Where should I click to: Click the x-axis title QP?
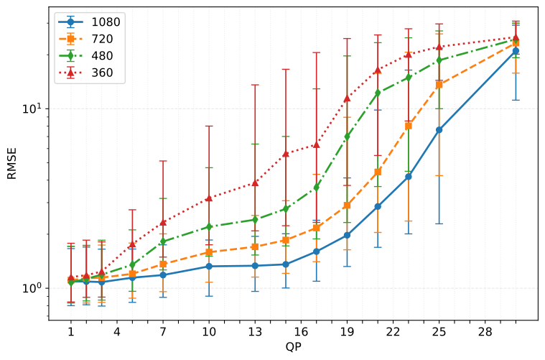pos(293,348)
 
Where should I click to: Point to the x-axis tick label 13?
pos(255,333)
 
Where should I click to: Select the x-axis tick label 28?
pos(485,333)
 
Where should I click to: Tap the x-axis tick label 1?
pos(71,333)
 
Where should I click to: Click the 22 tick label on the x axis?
pos(393,333)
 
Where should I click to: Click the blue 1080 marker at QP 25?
pos(439,130)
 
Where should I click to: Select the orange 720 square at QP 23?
pos(409,126)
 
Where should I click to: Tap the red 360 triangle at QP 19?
pos(347,98)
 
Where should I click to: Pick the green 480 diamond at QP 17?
pos(317,188)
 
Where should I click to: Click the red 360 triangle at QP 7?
pos(163,222)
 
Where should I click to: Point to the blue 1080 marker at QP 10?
pos(209,266)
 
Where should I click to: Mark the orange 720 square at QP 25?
pos(439,85)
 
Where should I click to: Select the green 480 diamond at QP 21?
pos(378,93)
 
